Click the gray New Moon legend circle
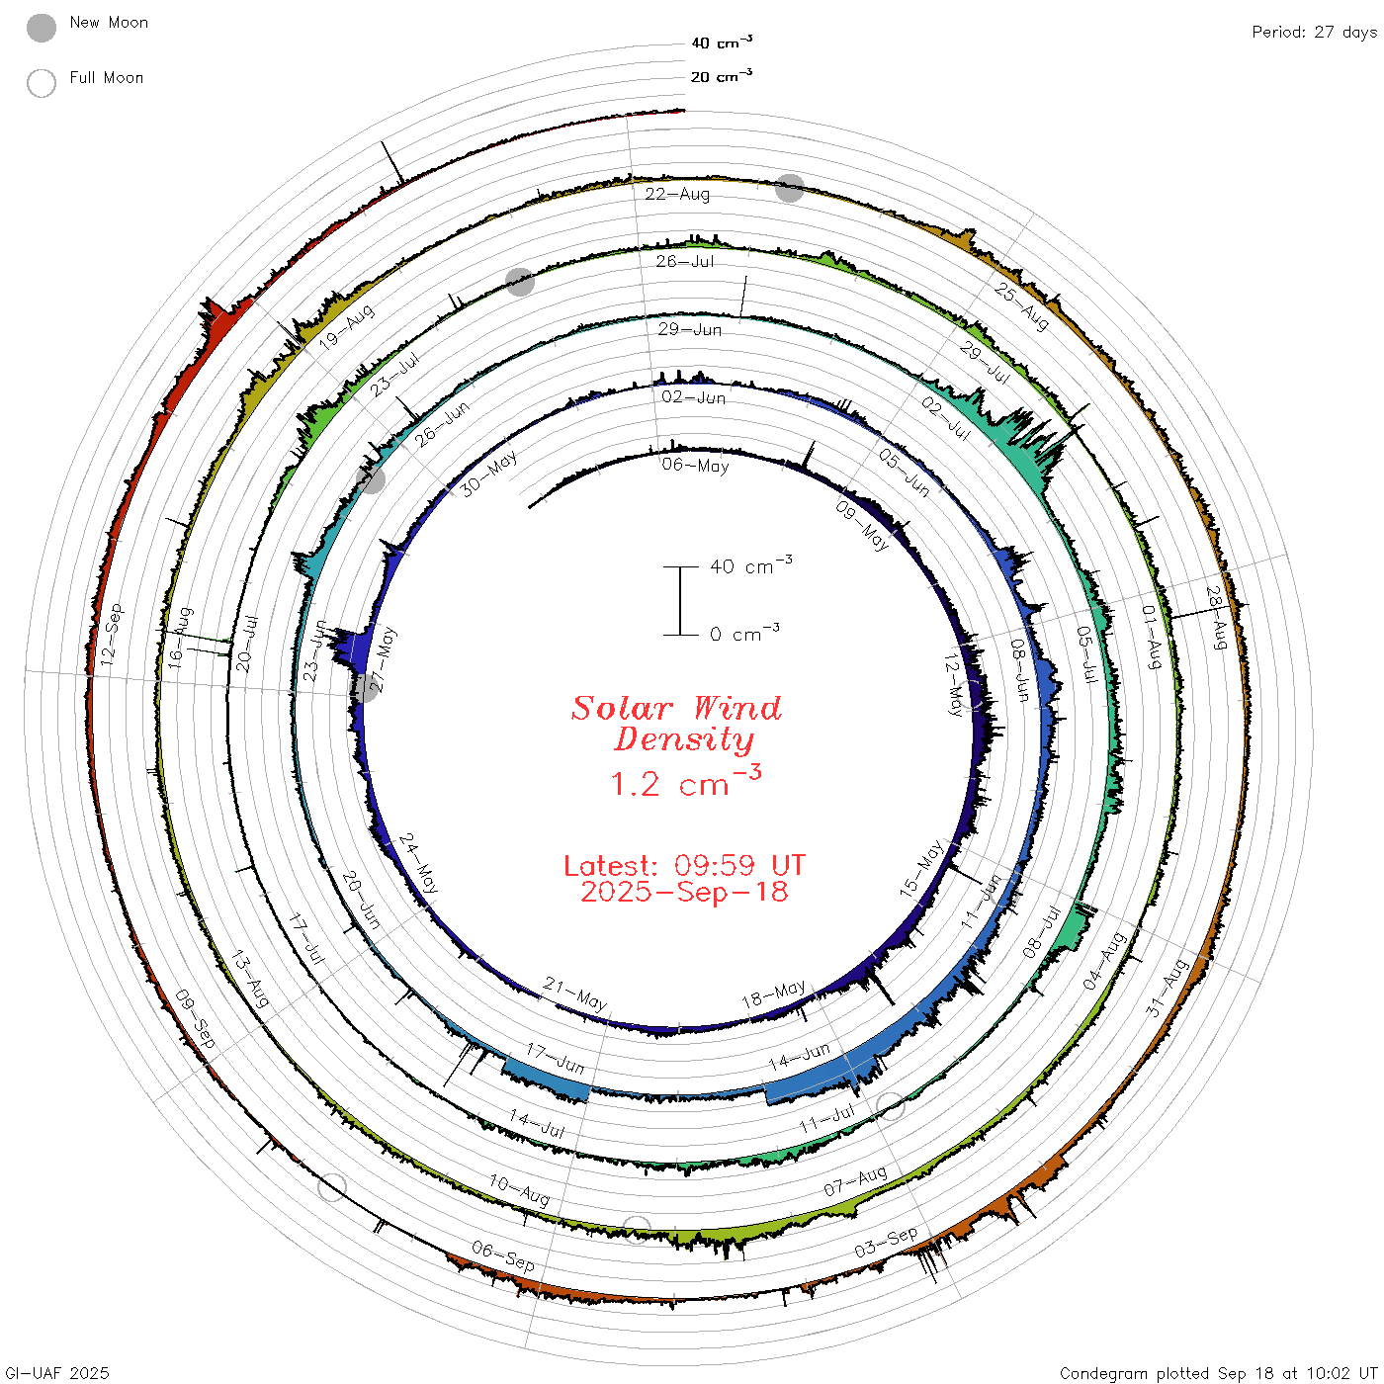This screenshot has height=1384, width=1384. [x=42, y=28]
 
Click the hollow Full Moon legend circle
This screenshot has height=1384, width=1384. [x=42, y=83]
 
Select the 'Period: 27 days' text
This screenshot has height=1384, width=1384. [x=1314, y=33]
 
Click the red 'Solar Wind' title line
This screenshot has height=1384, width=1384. [x=676, y=708]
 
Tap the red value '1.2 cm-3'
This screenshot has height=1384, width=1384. [x=686, y=782]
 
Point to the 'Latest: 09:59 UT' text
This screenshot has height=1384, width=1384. [x=684, y=865]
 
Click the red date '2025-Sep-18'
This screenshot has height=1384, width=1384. [x=684, y=893]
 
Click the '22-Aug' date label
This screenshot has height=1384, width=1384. [x=677, y=194]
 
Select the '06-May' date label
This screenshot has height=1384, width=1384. [x=695, y=466]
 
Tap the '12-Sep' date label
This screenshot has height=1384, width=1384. [x=112, y=635]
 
